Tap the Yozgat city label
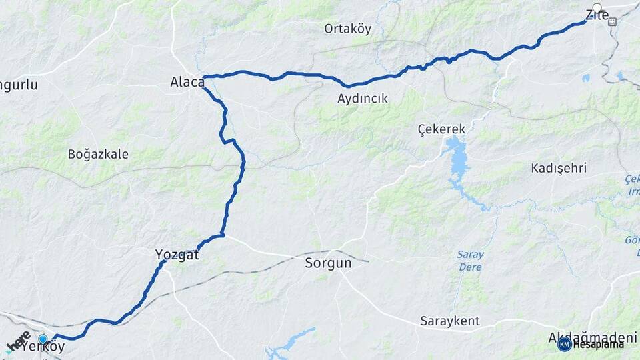pyautogui.click(x=177, y=254)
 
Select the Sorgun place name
pyautogui.click(x=328, y=263)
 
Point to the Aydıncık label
pyautogui.click(x=363, y=99)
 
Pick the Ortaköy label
pyautogui.click(x=347, y=29)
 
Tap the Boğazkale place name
pyautogui.click(x=98, y=154)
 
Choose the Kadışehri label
pyautogui.click(x=559, y=168)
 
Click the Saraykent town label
pyautogui.click(x=450, y=321)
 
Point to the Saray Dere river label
pyautogui.click(x=470, y=261)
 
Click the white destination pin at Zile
pyautogui.click(x=597, y=9)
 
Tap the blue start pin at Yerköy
pyautogui.click(x=43, y=339)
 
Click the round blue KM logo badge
pyautogui.click(x=564, y=344)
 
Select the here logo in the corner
pyautogui.click(x=19, y=341)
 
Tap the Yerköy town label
pyautogui.click(x=44, y=348)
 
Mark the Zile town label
pyautogui.click(x=597, y=15)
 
